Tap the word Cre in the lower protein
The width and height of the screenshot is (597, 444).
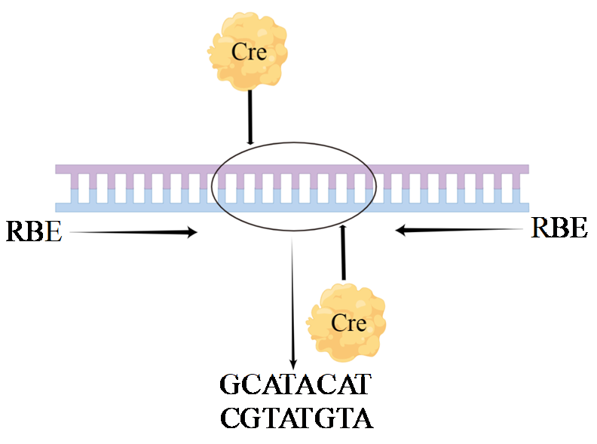(349, 323)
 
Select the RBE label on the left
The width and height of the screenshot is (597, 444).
(33, 231)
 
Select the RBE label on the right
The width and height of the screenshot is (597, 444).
(559, 227)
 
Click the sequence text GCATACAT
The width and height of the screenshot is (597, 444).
(295, 385)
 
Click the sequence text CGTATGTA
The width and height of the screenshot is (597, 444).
(296, 417)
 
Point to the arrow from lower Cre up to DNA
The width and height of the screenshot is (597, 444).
(344, 253)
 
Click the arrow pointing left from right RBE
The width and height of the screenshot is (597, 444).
(460, 230)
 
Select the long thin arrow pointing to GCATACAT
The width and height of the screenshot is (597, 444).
(292, 302)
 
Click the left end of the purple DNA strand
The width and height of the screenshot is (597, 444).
(59, 170)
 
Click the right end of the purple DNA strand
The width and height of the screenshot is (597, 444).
(525, 170)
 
